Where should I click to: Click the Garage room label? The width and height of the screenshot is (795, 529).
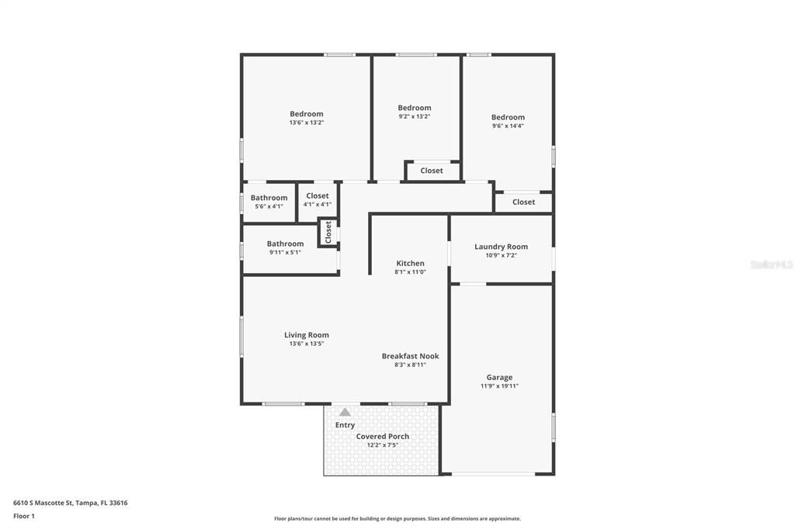tap(499, 378)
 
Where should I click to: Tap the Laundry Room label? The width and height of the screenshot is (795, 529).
tap(501, 247)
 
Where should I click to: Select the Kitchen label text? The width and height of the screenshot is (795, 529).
tap(410, 264)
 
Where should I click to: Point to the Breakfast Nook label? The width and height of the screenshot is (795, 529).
tap(410, 356)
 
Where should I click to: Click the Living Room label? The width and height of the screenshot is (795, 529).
tap(306, 335)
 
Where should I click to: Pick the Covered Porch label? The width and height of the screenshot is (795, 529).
tap(382, 437)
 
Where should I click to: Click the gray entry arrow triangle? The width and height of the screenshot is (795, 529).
tap(345, 412)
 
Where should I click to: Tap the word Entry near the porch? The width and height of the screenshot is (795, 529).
tap(345, 425)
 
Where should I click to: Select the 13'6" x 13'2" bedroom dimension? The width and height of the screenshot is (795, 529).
tap(306, 123)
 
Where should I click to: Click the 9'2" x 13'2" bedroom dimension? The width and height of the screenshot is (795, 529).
tap(414, 116)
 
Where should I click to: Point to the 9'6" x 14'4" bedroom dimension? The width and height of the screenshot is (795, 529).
tap(508, 126)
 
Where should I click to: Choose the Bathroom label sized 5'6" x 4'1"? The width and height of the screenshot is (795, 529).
tap(269, 198)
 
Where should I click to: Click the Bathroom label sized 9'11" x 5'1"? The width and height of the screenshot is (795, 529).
tap(285, 244)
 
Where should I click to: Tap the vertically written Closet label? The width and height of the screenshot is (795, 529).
tap(328, 232)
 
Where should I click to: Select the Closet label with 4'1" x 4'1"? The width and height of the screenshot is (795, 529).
tap(317, 196)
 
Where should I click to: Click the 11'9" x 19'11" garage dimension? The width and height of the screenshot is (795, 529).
tap(499, 386)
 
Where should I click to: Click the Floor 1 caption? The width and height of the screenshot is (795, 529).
tap(24, 516)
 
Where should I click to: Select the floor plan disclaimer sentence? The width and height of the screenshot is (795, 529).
tap(397, 519)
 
